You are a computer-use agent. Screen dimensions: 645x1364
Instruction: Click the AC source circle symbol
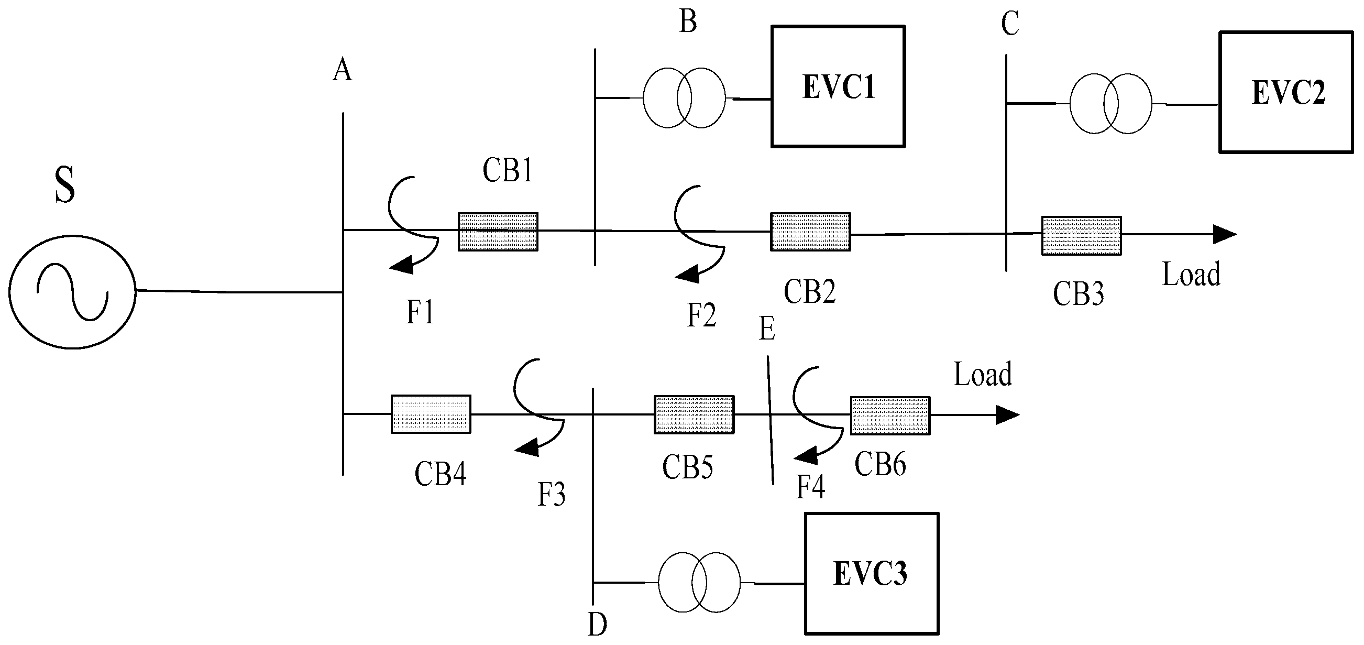(x=72, y=292)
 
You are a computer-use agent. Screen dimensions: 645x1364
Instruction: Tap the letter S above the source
(x=64, y=184)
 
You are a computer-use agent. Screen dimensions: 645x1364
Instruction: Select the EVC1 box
(x=838, y=86)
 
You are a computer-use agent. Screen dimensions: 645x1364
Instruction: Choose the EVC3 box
(x=871, y=573)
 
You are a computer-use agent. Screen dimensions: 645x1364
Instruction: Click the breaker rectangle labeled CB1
(x=498, y=232)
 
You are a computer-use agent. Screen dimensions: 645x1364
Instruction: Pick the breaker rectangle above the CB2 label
(x=810, y=232)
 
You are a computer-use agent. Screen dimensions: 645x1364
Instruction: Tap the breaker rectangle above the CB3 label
(x=1081, y=236)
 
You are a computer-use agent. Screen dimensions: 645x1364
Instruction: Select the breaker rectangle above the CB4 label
(x=431, y=414)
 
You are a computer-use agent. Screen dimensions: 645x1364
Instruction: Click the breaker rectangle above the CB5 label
(x=694, y=414)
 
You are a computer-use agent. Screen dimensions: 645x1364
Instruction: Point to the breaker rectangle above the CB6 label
(x=890, y=416)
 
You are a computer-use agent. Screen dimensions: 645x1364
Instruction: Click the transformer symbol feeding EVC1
(x=684, y=98)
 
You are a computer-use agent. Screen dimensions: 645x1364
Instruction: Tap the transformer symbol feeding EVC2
(x=1110, y=104)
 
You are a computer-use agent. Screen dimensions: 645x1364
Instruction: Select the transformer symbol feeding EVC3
(x=699, y=583)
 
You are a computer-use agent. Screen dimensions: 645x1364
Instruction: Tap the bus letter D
(x=597, y=625)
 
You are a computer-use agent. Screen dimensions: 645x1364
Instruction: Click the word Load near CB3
(x=1191, y=275)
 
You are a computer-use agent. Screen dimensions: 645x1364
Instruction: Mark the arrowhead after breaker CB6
(x=1007, y=414)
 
